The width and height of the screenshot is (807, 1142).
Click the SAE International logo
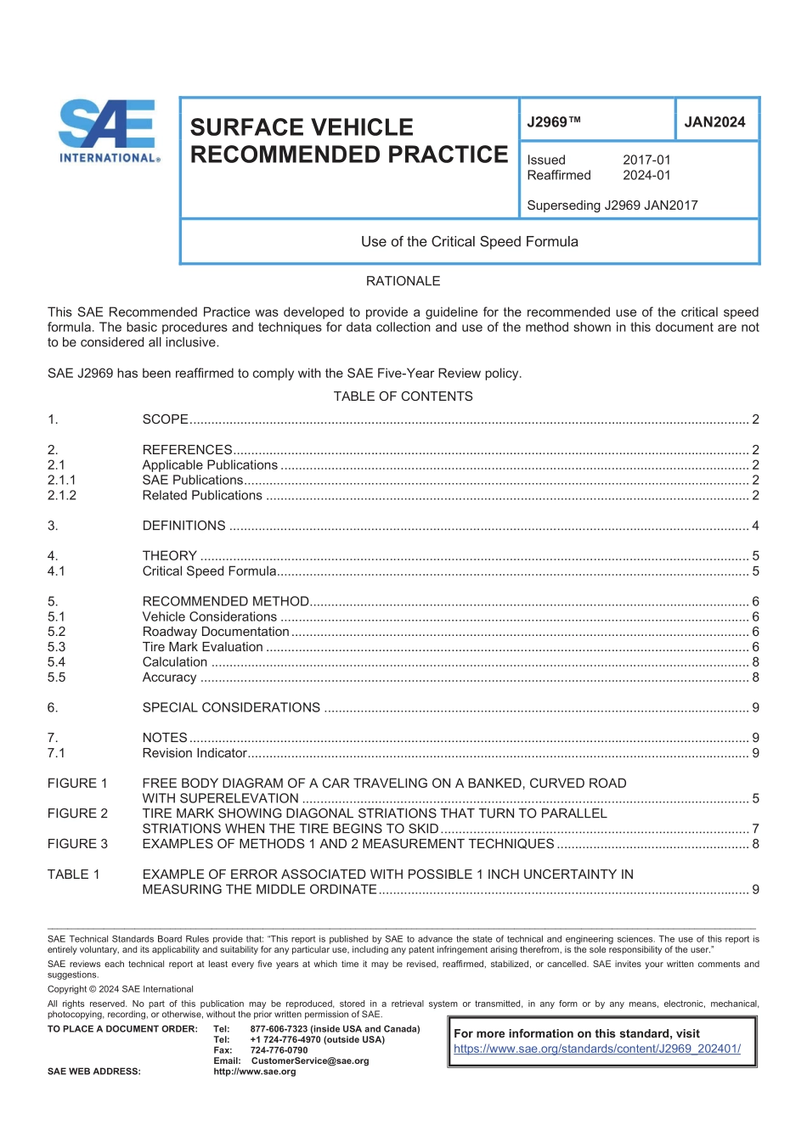pyautogui.click(x=109, y=131)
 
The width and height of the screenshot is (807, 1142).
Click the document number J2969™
pyautogui.click(x=554, y=122)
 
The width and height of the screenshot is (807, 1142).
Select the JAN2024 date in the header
pyautogui.click(x=714, y=122)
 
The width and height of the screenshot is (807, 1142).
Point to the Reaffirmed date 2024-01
pyautogui.click(x=646, y=176)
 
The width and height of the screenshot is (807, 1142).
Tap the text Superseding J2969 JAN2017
pyautogui.click(x=612, y=205)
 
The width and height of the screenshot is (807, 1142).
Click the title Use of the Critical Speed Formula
pyautogui.click(x=469, y=242)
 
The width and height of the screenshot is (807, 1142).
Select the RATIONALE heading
pyautogui.click(x=403, y=281)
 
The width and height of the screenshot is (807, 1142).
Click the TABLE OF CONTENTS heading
pyautogui.click(x=403, y=397)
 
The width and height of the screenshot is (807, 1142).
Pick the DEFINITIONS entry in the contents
pyautogui.click(x=183, y=526)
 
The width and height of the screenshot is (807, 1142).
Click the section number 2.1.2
pyautogui.click(x=62, y=496)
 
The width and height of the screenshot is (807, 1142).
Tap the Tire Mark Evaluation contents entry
pyautogui.click(x=202, y=648)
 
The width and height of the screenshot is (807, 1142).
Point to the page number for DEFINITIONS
pyautogui.click(x=755, y=526)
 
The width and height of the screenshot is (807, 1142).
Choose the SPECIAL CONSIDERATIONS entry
pyautogui.click(x=231, y=708)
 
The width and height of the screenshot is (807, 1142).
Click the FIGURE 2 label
pyautogui.click(x=77, y=813)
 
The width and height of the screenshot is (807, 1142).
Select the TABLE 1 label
pyautogui.click(x=73, y=875)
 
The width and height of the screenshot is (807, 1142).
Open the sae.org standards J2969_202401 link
pyautogui.click(x=596, y=1049)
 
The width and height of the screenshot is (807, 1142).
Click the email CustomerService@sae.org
pyautogui.click(x=310, y=1061)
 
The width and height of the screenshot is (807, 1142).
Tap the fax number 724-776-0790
pyautogui.click(x=279, y=1050)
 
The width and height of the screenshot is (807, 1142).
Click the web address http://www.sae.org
pyautogui.click(x=255, y=1072)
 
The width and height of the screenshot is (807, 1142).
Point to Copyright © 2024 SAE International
pyautogui.click(x=120, y=989)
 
